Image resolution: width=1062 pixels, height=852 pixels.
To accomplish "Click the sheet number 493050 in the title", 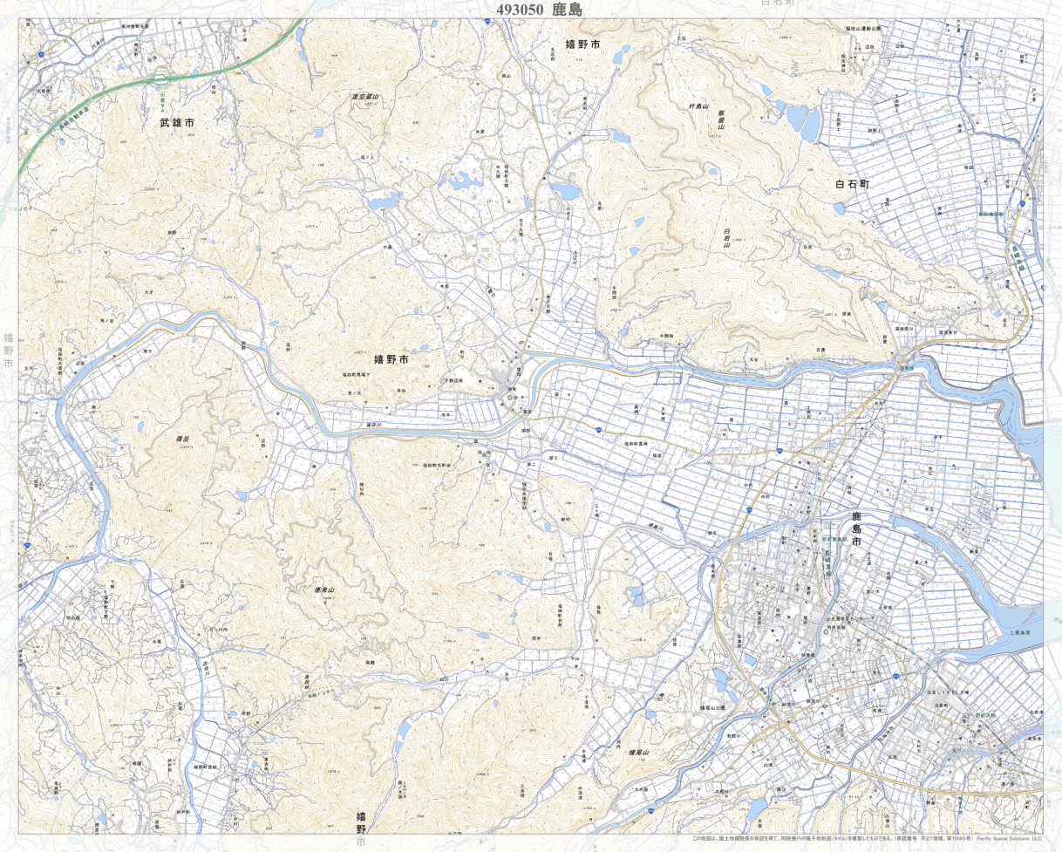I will click(x=520, y=10).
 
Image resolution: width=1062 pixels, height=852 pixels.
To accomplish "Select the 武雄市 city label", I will click(x=177, y=124).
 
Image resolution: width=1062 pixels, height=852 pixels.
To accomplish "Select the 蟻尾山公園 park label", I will click(x=707, y=708).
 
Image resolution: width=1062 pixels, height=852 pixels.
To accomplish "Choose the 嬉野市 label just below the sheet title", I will click(x=582, y=44).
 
